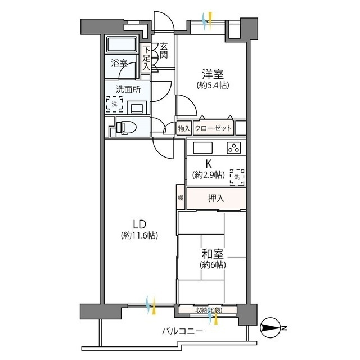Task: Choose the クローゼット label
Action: (213, 128)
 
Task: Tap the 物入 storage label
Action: (184, 128)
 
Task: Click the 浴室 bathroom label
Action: (119, 63)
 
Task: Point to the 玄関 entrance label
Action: (164, 51)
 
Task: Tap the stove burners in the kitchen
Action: (233, 148)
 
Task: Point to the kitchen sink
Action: (202, 148)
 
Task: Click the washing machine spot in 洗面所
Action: (115, 104)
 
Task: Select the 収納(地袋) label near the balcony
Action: (208, 310)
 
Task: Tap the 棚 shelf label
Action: (180, 197)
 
